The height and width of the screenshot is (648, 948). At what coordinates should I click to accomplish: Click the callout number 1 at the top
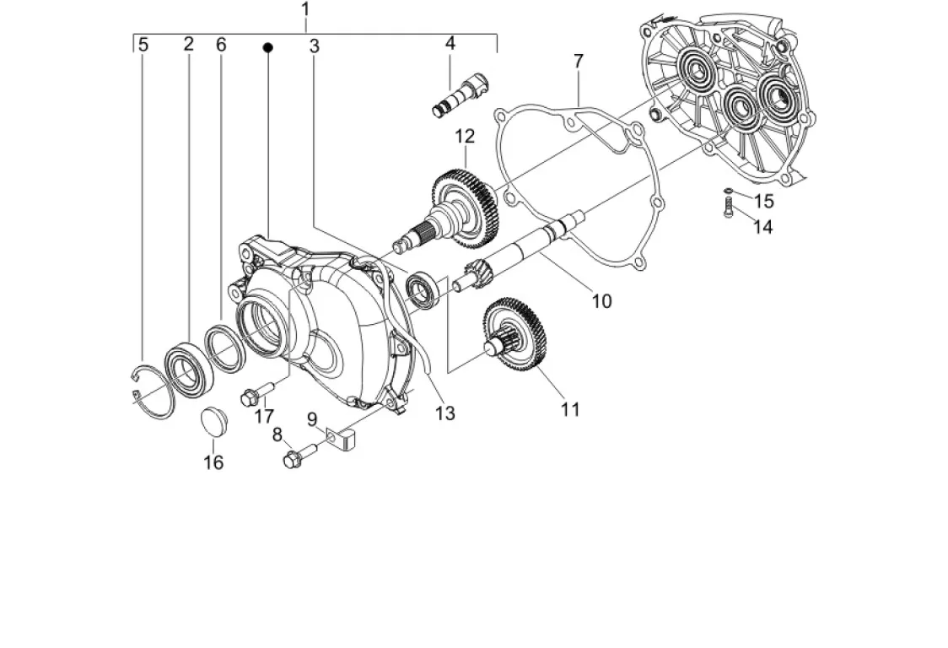(305, 9)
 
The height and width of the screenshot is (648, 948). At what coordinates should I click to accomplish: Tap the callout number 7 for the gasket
(579, 61)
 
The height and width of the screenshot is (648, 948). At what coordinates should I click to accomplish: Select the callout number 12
(465, 137)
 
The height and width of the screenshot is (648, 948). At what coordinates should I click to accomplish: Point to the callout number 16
(213, 462)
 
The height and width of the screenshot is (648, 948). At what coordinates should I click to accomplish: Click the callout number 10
(601, 300)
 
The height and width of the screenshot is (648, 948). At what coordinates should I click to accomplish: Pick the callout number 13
(445, 413)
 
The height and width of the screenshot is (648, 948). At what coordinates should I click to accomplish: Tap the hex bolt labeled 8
(300, 456)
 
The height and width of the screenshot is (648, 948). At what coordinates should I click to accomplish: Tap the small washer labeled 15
(730, 192)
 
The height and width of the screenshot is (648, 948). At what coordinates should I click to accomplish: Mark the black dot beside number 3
(268, 46)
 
